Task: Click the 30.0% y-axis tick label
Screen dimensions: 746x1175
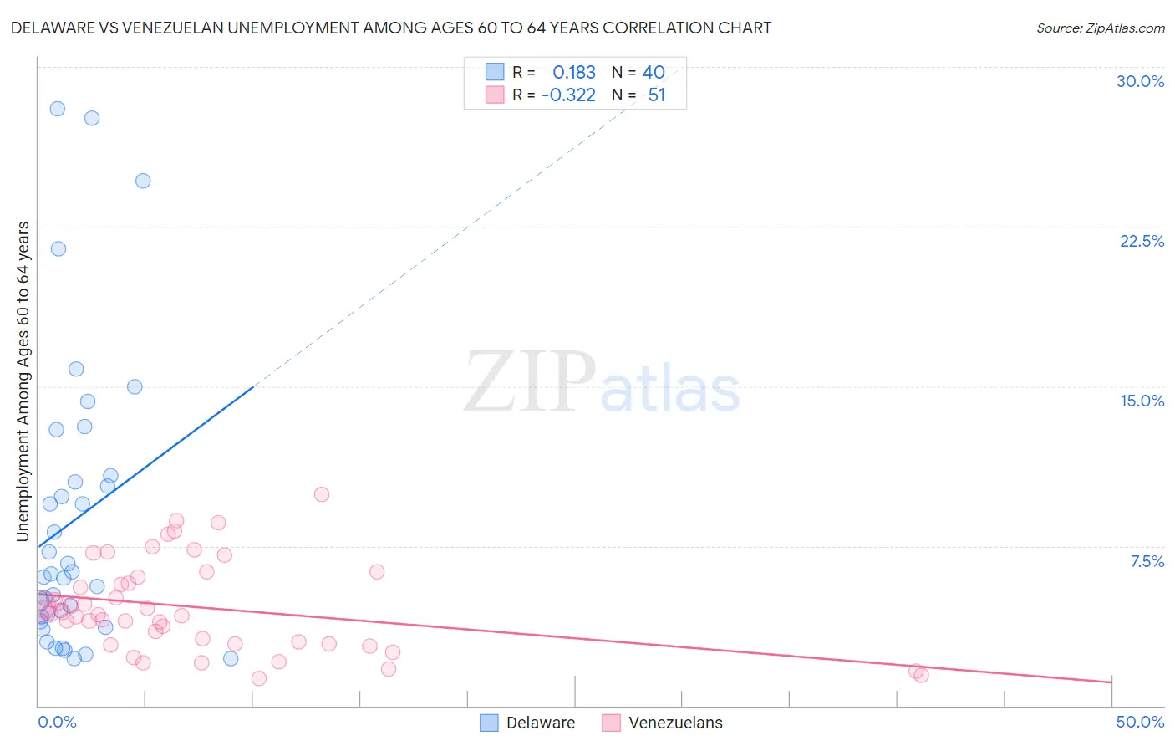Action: tap(1140, 81)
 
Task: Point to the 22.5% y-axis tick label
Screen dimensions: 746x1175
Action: tap(1142, 241)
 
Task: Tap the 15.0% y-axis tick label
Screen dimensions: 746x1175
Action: tap(1142, 401)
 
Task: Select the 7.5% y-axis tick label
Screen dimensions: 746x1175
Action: tap(1147, 561)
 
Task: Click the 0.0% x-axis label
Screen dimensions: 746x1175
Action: tap(57, 722)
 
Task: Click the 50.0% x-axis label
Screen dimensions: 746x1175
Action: tap(1140, 722)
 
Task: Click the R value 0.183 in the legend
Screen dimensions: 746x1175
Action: tap(574, 73)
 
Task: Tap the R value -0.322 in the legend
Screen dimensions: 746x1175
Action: tap(568, 95)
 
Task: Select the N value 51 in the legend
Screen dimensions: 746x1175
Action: tap(657, 95)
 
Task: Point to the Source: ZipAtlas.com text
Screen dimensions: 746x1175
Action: tap(1100, 28)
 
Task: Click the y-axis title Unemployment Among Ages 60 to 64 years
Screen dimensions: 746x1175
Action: tap(23, 381)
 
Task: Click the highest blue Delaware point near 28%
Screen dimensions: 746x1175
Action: tap(57, 109)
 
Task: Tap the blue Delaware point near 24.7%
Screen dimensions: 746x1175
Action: tap(143, 181)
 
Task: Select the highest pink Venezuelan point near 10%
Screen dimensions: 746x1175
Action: tap(322, 494)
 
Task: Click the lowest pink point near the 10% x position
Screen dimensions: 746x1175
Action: tap(259, 678)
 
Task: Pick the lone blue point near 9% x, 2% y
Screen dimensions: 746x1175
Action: tap(231, 658)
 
